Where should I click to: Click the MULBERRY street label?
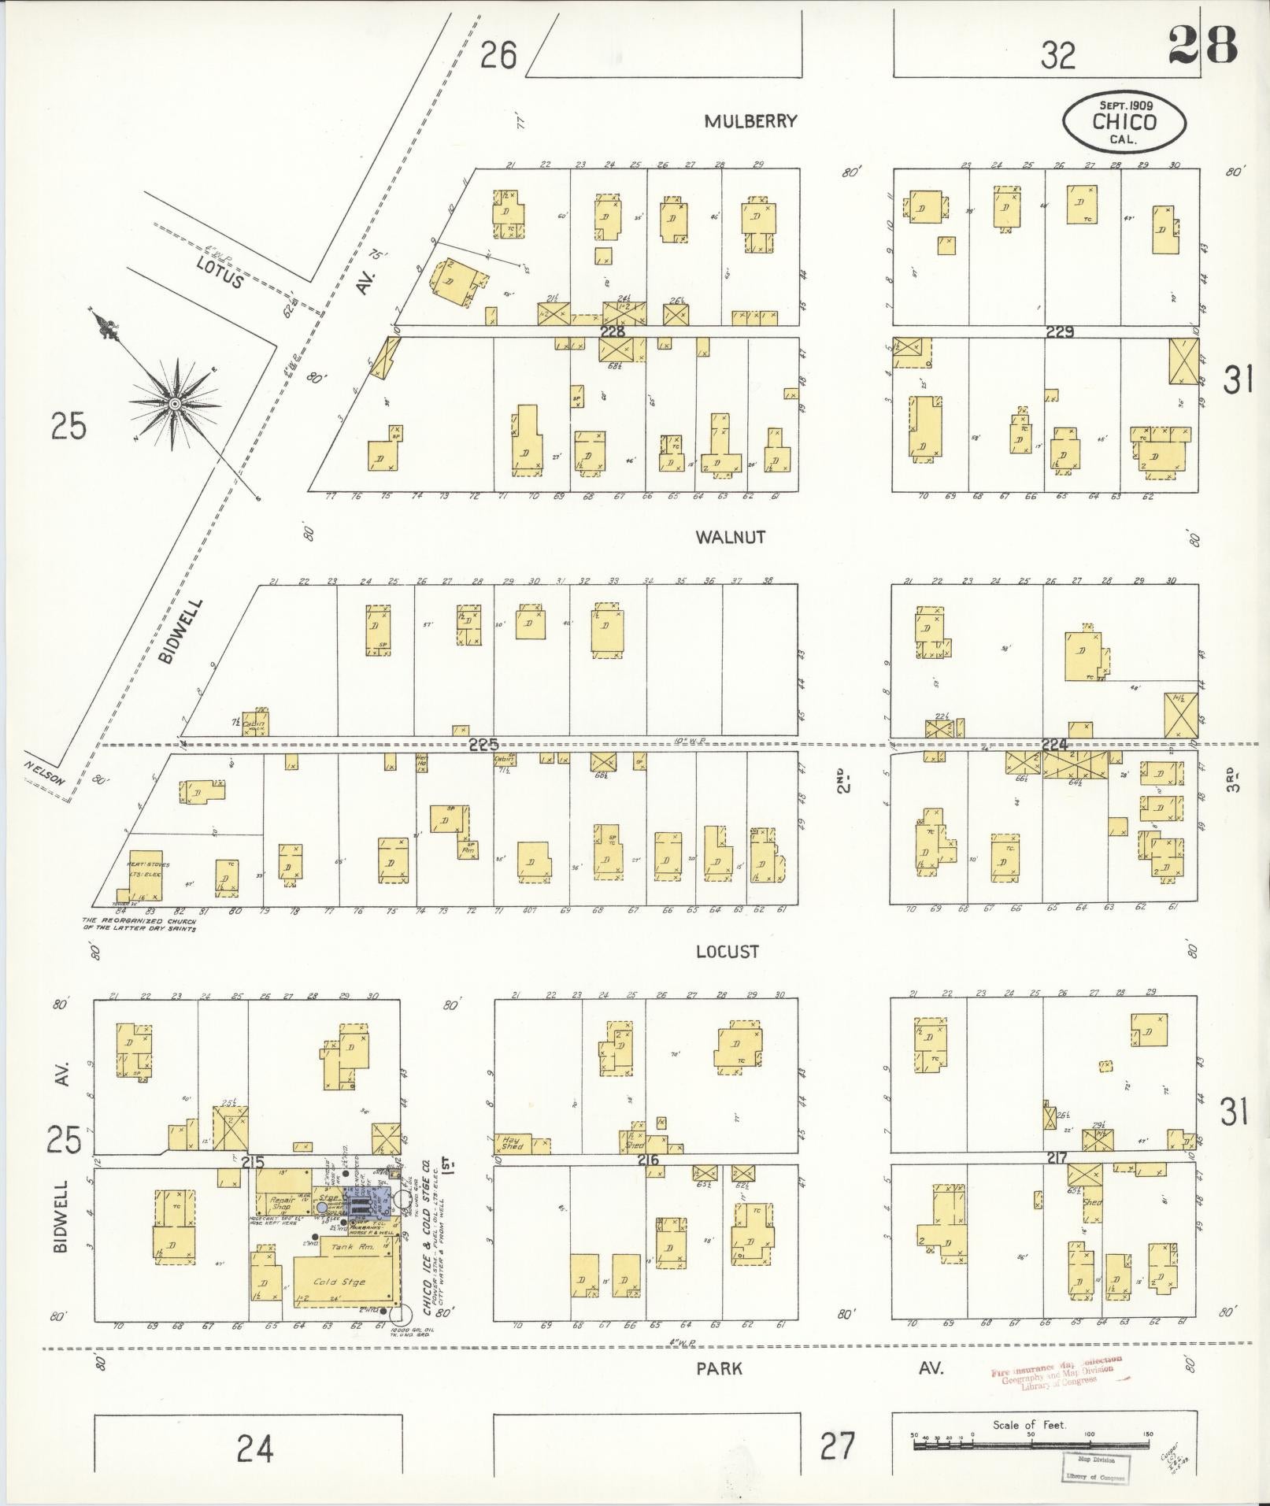tap(750, 121)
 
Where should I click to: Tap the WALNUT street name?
tap(730, 537)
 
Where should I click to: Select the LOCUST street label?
tap(728, 952)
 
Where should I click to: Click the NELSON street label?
tap(43, 767)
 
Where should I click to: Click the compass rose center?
tap(175, 404)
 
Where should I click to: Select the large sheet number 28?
tap(1202, 45)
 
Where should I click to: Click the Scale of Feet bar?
tap(1030, 1445)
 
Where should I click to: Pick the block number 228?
tap(612, 332)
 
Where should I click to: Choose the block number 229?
tap(1060, 332)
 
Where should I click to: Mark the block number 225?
tap(483, 745)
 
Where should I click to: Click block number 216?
tap(648, 1160)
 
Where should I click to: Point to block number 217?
tap(1057, 1159)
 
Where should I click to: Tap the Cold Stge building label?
tap(339, 1282)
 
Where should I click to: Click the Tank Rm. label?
tap(346, 1248)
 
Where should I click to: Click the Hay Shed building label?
tap(512, 1143)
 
